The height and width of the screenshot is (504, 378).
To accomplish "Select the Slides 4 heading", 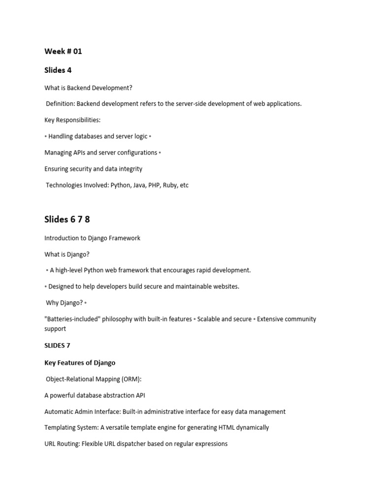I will click(x=58, y=70).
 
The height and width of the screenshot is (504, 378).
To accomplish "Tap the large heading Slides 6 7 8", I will click(x=67, y=220).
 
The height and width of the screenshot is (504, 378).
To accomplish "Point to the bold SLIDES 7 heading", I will click(x=58, y=346).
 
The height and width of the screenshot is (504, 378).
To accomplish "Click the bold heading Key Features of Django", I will click(x=80, y=363).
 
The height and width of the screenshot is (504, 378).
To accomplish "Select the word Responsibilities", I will click(x=79, y=120).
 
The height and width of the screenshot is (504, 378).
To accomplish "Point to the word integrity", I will click(x=128, y=169).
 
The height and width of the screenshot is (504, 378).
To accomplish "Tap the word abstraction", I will click(x=116, y=395).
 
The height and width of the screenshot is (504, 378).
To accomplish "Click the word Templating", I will click(x=61, y=428).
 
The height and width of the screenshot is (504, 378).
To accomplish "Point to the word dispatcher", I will click(x=130, y=444).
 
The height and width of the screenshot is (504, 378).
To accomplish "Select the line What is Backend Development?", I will click(x=88, y=88).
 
